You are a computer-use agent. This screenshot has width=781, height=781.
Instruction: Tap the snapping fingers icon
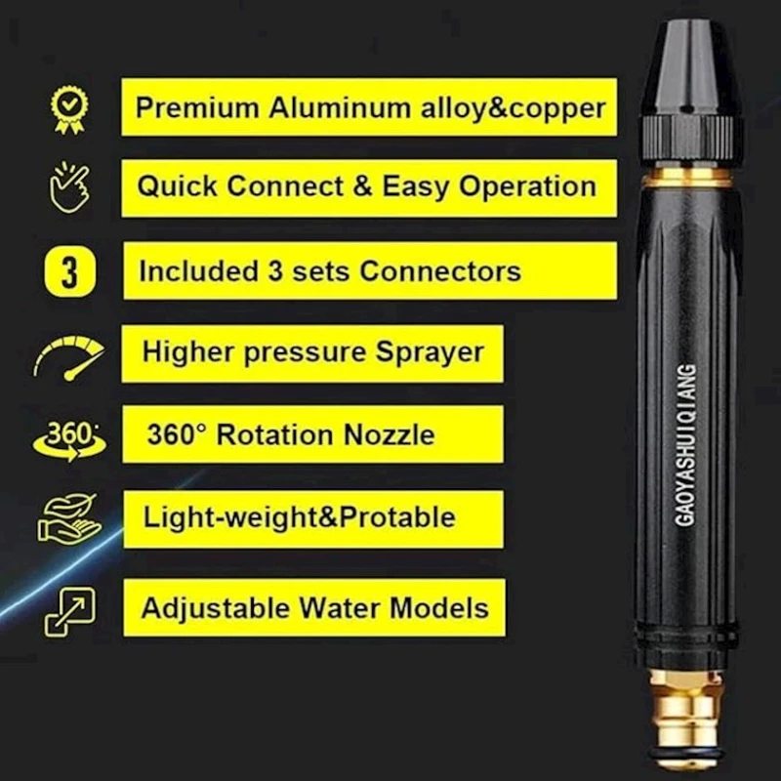[69, 188]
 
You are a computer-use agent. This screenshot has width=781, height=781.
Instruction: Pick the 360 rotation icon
[68, 436]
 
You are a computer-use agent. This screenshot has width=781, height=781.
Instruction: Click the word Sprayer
[429, 352]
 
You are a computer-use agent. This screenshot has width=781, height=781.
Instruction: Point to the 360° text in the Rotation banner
[176, 434]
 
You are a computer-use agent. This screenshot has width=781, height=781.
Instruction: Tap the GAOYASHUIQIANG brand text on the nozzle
[685, 444]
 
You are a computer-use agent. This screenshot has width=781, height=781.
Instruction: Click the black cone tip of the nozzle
[688, 68]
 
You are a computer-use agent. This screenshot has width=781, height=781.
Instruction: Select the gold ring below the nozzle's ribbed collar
[689, 176]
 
